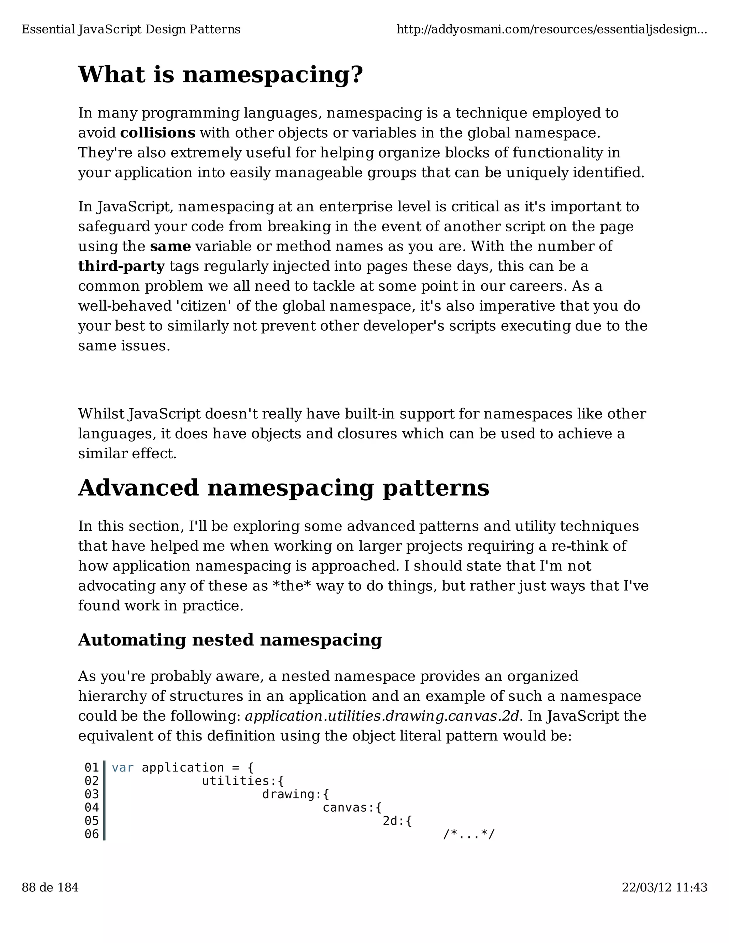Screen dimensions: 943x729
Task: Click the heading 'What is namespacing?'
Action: [x=220, y=75]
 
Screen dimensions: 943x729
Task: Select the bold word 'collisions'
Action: [x=158, y=133]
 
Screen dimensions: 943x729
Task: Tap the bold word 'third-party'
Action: [x=121, y=267]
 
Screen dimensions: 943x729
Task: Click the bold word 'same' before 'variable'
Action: [x=170, y=247]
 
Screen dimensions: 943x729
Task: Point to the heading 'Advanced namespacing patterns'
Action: [x=283, y=488]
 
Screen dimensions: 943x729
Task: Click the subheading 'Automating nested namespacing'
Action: [x=230, y=640]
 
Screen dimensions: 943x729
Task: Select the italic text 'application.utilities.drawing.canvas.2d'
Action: [x=381, y=716]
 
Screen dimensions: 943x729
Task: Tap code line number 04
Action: [x=91, y=807]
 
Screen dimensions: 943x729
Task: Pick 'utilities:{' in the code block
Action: [x=243, y=781]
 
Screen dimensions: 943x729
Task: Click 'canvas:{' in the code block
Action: [x=352, y=807]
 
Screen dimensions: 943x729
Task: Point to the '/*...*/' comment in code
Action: [x=468, y=834]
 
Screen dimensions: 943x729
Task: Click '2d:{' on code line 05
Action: [x=397, y=821]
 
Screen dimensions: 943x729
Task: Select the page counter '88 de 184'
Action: [x=50, y=887]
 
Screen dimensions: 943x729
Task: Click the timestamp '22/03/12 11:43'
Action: [x=664, y=887]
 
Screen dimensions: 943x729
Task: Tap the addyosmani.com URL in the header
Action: [x=551, y=30]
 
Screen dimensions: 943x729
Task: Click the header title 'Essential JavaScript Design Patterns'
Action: [x=131, y=30]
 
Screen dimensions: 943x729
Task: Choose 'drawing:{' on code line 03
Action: [x=295, y=795]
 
